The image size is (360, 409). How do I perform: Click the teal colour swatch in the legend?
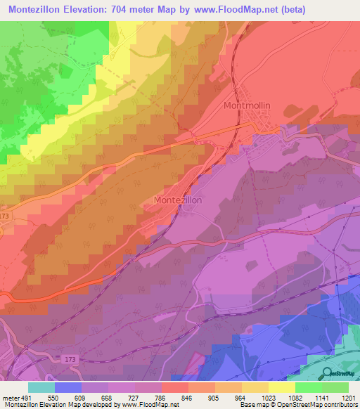(41, 387)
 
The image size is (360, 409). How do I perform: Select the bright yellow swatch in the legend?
(281, 387)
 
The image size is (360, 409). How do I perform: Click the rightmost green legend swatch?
(335, 387)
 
